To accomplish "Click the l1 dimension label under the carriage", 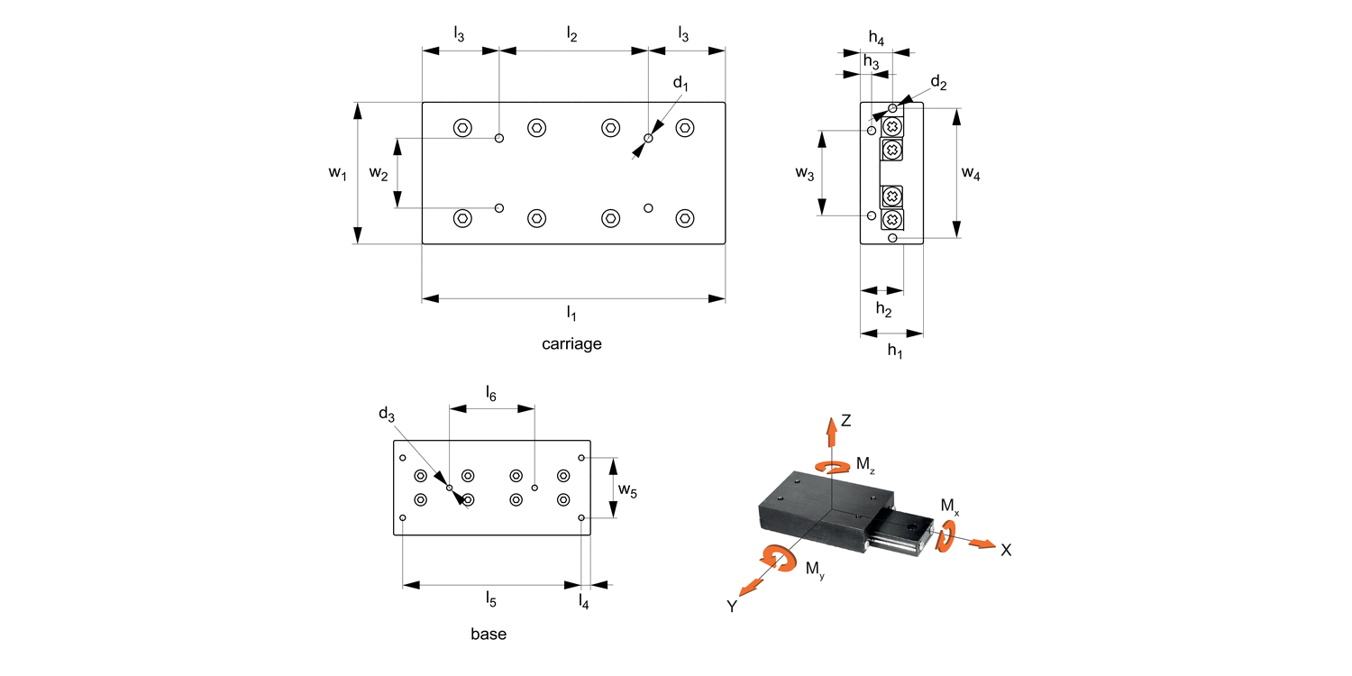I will [571, 313].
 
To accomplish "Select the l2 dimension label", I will [571, 35].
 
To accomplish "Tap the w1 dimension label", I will [336, 174].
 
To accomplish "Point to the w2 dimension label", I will [379, 174].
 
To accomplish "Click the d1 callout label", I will [681, 85].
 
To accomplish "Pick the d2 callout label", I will [938, 84].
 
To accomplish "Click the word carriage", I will [571, 343].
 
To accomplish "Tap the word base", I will [489, 634].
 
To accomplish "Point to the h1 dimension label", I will [894, 351].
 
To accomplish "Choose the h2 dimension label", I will [883, 311].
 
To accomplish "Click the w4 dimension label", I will [971, 174].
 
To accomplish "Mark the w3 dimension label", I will [805, 174].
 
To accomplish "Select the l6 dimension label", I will [490, 393].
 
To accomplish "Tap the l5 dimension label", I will [490, 598].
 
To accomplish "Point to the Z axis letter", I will [846, 420].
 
